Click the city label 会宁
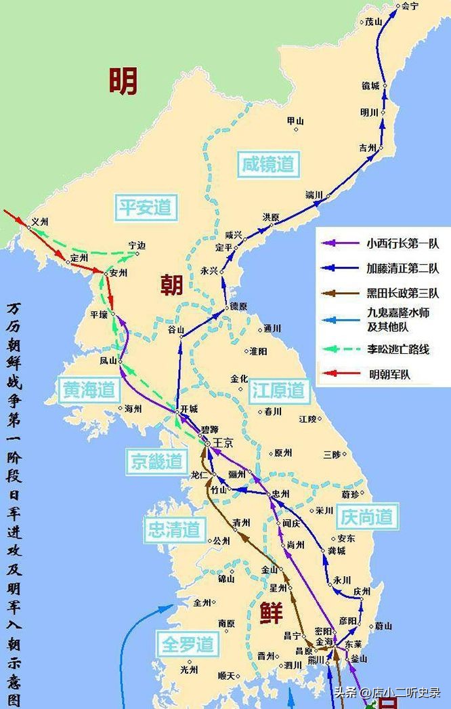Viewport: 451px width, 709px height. tap(410, 6)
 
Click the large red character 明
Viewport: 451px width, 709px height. tap(123, 81)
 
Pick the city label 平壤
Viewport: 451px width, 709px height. tap(99, 315)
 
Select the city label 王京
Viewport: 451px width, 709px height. tap(223, 442)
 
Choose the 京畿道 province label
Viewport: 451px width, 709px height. tap(155, 462)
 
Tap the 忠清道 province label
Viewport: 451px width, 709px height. tap(173, 529)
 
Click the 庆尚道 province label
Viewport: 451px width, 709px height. tap(366, 516)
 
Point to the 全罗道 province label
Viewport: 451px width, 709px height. tap(188, 643)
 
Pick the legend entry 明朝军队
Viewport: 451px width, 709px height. tap(390, 373)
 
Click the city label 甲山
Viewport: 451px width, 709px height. tap(295, 121)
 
